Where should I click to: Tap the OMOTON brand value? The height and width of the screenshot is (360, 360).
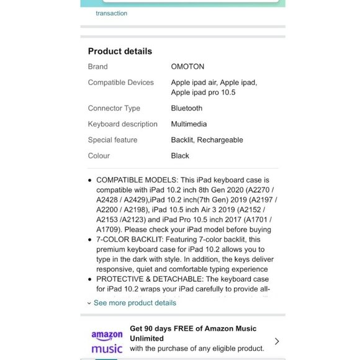[x=187, y=66]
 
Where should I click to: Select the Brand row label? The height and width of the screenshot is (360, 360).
[x=97, y=66]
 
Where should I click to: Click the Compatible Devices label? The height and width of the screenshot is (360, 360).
[x=120, y=83]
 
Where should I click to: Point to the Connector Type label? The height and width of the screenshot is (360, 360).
[x=114, y=109]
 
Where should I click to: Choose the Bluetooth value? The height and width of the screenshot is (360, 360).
[x=186, y=109]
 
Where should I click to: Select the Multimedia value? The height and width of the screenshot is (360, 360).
[x=189, y=124]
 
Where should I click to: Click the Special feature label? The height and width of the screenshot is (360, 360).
[x=112, y=140]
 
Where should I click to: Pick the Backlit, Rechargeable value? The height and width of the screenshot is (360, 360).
[x=207, y=140]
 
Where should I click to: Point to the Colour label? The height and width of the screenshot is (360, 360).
[x=99, y=156]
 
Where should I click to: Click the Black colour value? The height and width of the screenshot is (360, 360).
[x=180, y=156]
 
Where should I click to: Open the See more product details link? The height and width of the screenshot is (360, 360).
[x=134, y=303]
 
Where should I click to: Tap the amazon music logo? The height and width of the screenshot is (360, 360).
[x=107, y=342]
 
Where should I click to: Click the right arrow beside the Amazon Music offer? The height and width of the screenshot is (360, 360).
[x=277, y=341]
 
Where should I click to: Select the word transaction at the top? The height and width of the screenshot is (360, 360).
[x=111, y=13]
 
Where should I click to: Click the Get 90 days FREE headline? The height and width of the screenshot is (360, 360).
[x=193, y=329]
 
